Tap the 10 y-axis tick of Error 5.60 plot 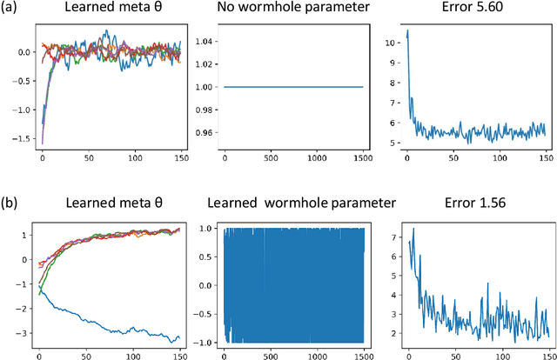[x=389, y=40]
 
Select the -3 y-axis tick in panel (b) [x=20, y=331]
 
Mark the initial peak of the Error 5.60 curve [x=407, y=31]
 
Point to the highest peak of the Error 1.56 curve [x=413, y=229]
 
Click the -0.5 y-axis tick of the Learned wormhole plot [x=199, y=312]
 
